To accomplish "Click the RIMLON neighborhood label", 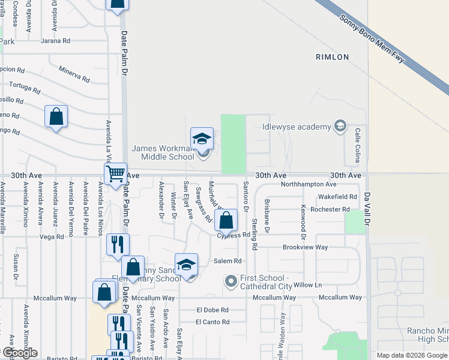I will click(332, 57).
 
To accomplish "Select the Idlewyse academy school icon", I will click(340, 126).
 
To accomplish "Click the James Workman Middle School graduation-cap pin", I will click(202, 139).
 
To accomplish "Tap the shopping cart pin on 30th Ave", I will click(115, 175).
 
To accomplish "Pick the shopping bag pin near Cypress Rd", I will click(226, 221).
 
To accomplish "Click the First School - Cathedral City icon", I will click(231, 281).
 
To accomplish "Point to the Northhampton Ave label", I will click(305, 184).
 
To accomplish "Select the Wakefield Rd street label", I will click(337, 197).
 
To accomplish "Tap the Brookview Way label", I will click(306, 247).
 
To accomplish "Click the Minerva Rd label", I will click(74, 75).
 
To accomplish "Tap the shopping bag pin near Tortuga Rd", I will click(56, 116).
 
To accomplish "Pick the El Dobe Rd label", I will click(212, 310).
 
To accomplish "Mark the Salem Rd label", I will click(228, 261).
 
